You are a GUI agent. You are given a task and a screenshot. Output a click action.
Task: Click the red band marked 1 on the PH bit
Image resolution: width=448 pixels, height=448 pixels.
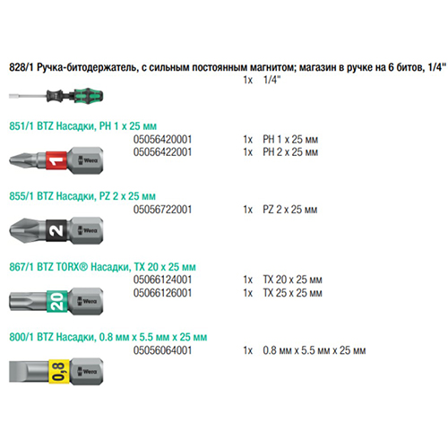coord(56,160)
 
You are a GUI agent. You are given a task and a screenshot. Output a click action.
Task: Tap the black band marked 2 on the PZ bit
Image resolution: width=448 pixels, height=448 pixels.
coord(56,230)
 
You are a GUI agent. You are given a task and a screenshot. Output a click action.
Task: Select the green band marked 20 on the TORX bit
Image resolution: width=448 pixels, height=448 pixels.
coord(57,301)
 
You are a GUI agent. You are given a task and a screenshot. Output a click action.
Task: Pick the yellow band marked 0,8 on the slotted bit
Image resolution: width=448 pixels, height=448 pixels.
coord(59,371)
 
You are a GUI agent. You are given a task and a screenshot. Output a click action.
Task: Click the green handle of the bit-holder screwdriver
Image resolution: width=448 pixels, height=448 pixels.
coord(89,96)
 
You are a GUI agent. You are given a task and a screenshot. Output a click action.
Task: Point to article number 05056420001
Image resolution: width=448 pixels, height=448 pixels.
coord(162,140)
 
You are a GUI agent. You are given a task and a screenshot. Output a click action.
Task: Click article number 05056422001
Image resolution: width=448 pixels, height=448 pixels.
coord(162,152)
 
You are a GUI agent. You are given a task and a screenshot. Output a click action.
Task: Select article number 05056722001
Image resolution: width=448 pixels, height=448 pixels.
coord(162,210)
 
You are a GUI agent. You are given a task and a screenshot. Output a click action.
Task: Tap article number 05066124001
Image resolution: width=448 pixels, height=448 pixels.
coord(162,280)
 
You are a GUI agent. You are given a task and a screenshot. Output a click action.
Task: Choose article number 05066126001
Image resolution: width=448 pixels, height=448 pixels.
coord(162,293)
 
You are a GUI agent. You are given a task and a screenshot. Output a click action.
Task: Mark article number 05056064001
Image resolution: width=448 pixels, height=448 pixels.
coord(162,350)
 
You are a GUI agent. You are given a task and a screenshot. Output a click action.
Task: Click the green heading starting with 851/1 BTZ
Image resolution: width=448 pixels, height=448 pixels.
coord(82,126)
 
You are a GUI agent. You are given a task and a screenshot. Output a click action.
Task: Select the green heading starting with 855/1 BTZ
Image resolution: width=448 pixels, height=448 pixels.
coord(82,196)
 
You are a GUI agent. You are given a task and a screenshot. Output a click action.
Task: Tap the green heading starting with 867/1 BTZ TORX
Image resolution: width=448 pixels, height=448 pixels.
coord(102,267)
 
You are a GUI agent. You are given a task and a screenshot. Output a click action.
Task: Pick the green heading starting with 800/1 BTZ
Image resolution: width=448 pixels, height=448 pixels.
coord(108,337)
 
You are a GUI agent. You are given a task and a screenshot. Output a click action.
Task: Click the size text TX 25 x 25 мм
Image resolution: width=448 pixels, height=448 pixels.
coord(292,293)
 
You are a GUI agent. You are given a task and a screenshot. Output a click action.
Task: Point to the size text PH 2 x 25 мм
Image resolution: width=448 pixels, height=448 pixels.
coord(290,152)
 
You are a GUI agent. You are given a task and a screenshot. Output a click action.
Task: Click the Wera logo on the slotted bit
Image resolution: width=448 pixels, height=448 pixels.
coord(88,372)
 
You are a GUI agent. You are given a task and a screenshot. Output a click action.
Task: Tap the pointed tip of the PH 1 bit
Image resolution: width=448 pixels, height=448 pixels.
coord(11,160)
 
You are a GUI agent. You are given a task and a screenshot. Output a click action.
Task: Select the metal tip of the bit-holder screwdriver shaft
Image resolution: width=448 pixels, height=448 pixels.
coord(12,96)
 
